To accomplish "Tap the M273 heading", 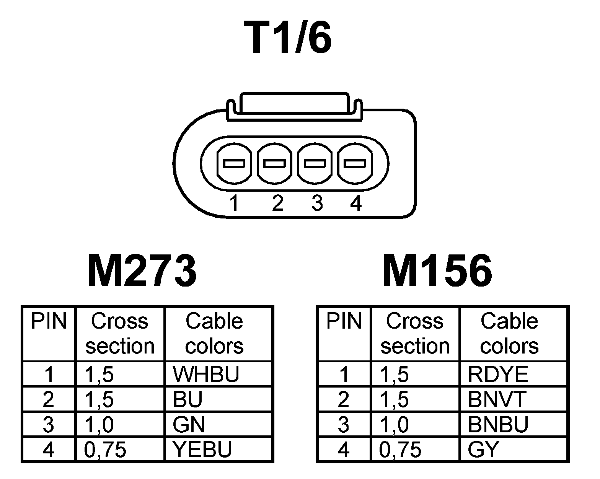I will point(142,271).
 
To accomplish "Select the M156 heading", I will point(437,271).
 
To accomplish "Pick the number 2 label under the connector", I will point(277,203).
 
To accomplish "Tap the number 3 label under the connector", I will point(317,203).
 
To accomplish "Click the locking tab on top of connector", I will point(294,104).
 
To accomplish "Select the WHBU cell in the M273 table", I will point(206,374).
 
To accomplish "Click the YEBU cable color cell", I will point(202,449).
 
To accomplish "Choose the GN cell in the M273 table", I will point(189,424).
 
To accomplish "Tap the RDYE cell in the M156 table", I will point(498,374).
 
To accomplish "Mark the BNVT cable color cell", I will point(497,399).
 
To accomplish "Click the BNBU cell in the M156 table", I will point(498,424).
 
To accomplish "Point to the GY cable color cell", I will point(483,449).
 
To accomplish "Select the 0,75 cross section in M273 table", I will point(105,450).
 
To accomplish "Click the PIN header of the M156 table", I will point(344,321).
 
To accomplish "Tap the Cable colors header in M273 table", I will point(214,333).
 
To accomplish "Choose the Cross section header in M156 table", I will point(415,333).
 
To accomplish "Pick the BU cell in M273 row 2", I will point(187,399).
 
